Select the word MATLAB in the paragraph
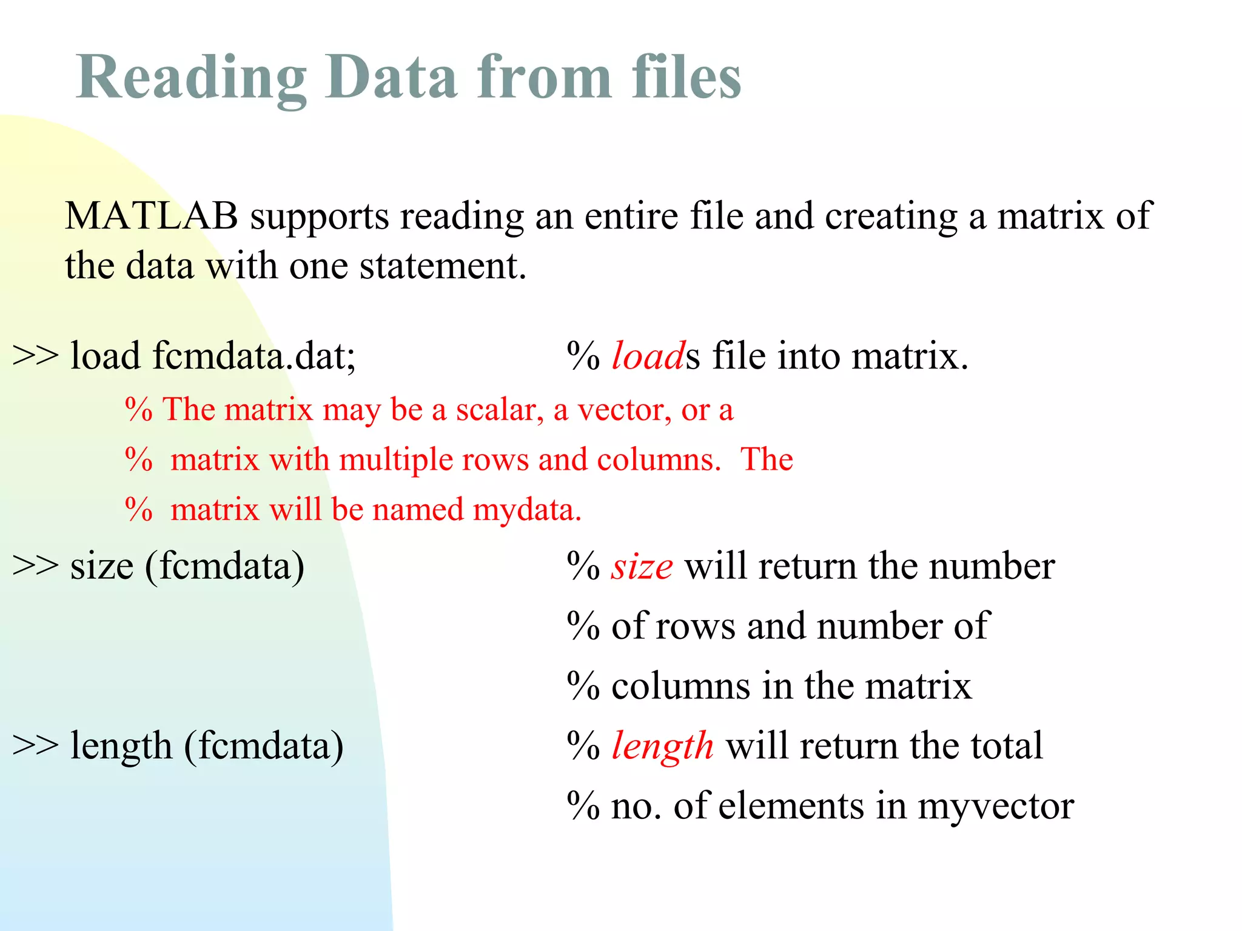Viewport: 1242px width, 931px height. (x=152, y=216)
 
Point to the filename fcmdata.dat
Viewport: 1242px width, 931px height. (x=254, y=355)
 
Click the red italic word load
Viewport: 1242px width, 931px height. (x=648, y=355)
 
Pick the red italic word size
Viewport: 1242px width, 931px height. (x=642, y=566)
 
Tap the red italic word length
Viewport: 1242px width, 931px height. (x=662, y=746)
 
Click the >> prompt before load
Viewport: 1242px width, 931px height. (x=35, y=355)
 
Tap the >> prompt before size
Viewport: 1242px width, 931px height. (x=35, y=566)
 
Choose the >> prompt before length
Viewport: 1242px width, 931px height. (x=35, y=746)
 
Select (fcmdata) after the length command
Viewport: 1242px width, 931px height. (x=264, y=746)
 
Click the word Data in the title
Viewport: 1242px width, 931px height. (x=391, y=78)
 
